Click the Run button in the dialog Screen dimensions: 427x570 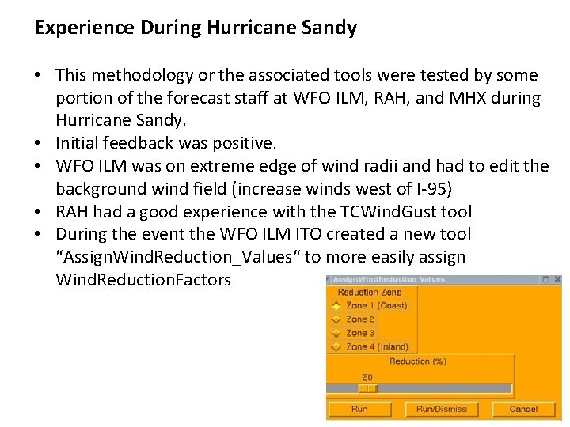click(359, 409)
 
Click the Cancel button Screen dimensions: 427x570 click(523, 409)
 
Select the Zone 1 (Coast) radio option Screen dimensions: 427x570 click(336, 306)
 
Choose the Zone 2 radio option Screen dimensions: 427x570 click(336, 319)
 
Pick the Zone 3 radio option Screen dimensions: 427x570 click(336, 333)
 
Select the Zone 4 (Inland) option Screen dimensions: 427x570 click(336, 346)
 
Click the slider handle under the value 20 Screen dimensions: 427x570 click(367, 388)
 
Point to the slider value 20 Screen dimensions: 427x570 click(367, 377)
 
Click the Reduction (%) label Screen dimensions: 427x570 click(417, 361)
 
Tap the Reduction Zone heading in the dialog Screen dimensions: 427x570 click(369, 293)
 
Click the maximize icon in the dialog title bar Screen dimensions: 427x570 click(545, 280)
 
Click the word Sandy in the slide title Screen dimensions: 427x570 click(329, 28)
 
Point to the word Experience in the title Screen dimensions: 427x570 click(85, 28)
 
